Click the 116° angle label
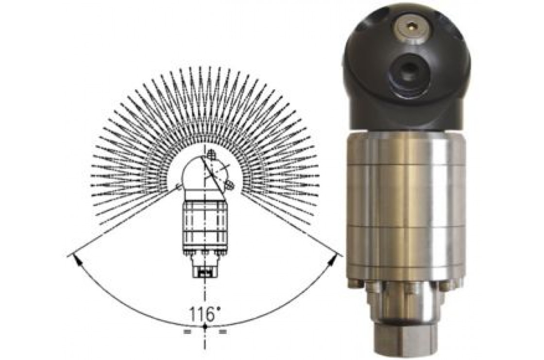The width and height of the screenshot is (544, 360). pos(205,315)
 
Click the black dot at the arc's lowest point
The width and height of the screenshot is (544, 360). pos(205,326)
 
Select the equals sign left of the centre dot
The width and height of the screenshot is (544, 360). pos(187,332)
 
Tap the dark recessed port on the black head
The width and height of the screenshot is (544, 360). pos(404,71)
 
